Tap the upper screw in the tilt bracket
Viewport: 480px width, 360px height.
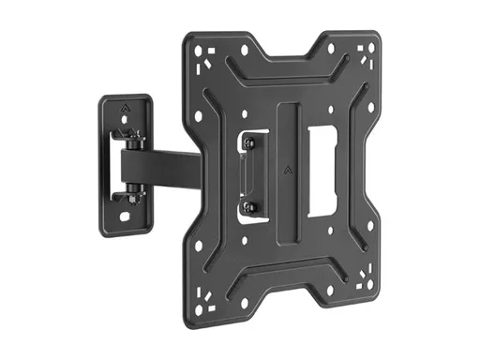point(248,142)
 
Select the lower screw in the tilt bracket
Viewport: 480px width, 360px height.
point(248,206)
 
